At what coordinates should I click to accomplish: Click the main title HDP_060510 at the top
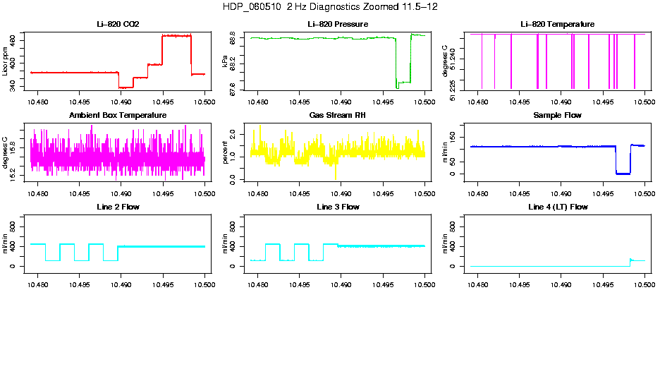(x=329, y=7)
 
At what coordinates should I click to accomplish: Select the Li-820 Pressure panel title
(x=338, y=25)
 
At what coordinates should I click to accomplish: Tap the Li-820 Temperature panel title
(x=557, y=25)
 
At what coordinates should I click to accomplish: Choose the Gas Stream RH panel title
(x=338, y=116)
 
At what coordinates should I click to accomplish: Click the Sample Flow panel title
(x=557, y=116)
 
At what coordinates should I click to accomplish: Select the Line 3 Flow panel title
(x=338, y=207)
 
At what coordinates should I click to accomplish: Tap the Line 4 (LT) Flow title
(x=557, y=207)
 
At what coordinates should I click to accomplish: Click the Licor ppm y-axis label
(x=6, y=61)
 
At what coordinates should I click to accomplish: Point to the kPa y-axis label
(x=226, y=61)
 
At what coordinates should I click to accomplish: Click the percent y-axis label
(x=226, y=152)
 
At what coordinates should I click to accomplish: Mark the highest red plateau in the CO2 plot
(x=176, y=35)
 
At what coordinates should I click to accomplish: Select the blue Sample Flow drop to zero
(x=623, y=173)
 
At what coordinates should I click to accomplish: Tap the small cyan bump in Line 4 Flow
(x=631, y=260)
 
